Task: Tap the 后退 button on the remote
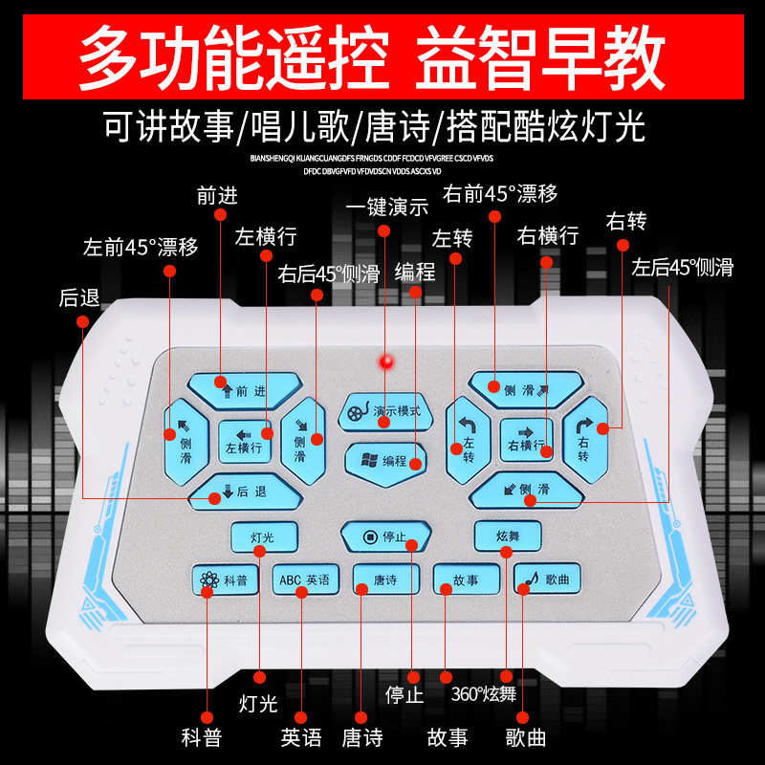(x=245, y=492)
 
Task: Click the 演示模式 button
(x=385, y=411)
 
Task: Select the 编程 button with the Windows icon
(x=385, y=460)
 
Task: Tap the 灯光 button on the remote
(x=263, y=536)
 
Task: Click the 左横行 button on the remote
(x=245, y=441)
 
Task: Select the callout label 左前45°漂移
(x=141, y=247)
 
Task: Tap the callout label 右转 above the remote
(x=626, y=222)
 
